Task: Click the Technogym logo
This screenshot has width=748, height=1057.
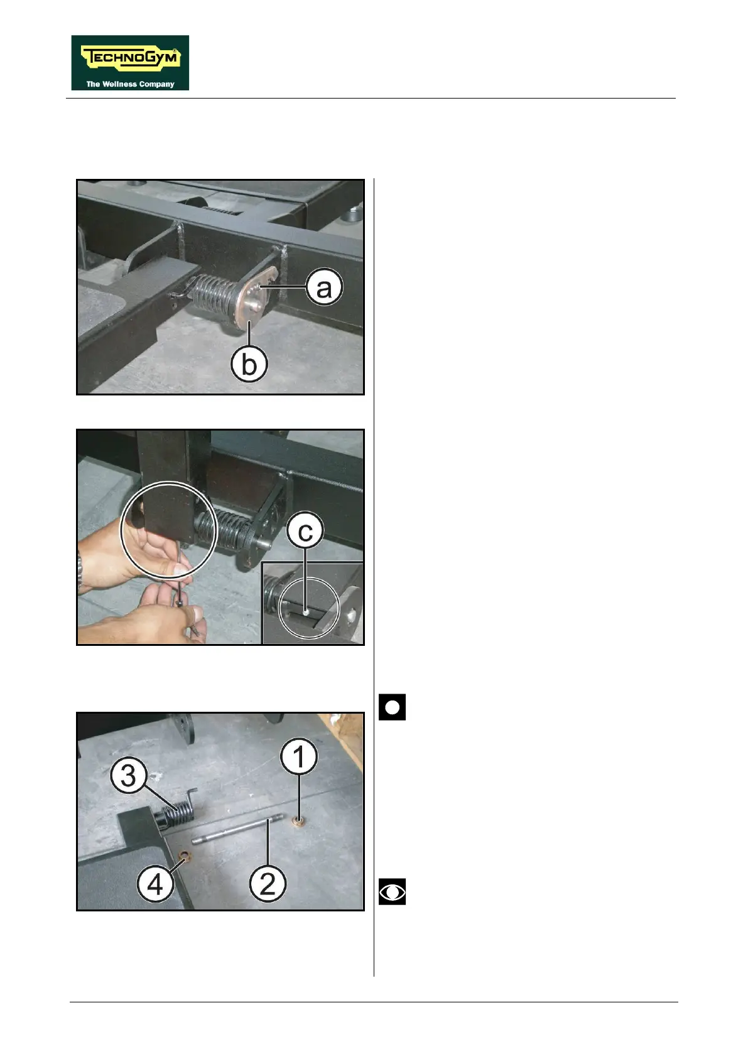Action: pyautogui.click(x=130, y=62)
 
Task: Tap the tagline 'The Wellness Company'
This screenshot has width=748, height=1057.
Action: pyautogui.click(x=131, y=84)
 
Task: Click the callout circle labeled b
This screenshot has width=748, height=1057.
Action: pyautogui.click(x=249, y=364)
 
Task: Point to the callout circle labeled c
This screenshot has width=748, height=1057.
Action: pyautogui.click(x=305, y=532)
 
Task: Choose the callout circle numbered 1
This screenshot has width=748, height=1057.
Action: pyautogui.click(x=298, y=756)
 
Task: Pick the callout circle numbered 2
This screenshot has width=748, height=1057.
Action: pyautogui.click(x=268, y=884)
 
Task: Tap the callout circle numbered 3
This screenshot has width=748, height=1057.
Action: pyautogui.click(x=129, y=776)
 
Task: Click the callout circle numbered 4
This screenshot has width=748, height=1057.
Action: pyautogui.click(x=155, y=885)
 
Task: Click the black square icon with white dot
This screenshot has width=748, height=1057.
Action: pyautogui.click(x=392, y=707)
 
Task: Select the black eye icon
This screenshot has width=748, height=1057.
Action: pyautogui.click(x=392, y=891)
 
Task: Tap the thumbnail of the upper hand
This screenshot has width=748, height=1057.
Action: pyautogui.click(x=181, y=571)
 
